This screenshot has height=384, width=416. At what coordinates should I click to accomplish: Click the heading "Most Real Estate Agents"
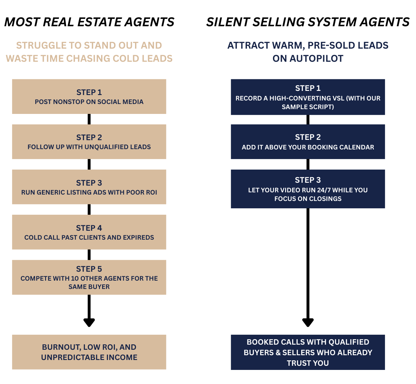[89, 22]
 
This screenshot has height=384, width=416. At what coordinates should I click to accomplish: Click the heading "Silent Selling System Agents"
[308, 22]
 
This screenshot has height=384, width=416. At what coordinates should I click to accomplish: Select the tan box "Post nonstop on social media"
[89, 97]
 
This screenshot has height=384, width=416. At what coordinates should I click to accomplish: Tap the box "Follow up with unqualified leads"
[89, 142]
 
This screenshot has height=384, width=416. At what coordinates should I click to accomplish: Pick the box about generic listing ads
[89, 187]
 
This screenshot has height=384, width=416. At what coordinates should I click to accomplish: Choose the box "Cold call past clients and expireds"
[89, 232]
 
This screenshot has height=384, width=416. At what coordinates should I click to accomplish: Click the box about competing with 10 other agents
[89, 277]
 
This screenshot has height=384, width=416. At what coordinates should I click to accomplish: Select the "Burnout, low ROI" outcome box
[89, 352]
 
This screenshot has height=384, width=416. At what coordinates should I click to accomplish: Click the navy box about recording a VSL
[308, 97]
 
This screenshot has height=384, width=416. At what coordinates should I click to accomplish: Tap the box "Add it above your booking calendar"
[308, 142]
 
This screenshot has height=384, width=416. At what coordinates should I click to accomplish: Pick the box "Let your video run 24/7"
[308, 189]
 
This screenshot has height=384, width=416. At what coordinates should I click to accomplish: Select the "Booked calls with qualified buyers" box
[308, 352]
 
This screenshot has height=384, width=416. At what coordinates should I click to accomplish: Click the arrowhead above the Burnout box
[89, 322]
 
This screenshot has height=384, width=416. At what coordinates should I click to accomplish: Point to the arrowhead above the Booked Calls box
[308, 322]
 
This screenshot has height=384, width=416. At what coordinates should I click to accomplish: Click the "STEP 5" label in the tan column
[89, 269]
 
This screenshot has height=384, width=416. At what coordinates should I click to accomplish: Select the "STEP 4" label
[89, 228]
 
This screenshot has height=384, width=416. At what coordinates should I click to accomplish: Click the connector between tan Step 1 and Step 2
[89, 119]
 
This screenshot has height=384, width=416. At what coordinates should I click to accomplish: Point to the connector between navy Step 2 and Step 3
[308, 164]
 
